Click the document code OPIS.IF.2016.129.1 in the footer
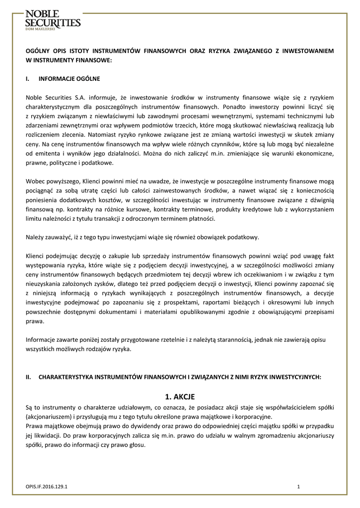click(x=47, y=487)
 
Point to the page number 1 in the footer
click(x=298, y=487)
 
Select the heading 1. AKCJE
click(x=179, y=396)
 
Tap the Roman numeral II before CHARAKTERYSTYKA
click(x=28, y=377)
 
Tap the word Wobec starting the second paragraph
click(x=35, y=182)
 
